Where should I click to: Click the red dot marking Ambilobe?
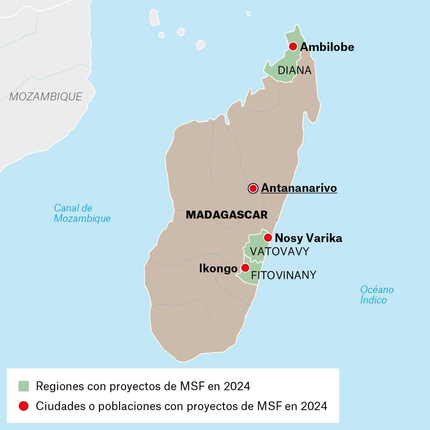[x=293, y=46]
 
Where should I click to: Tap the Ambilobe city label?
[x=327, y=47]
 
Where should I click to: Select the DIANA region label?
[x=294, y=70]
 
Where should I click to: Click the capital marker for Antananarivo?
[x=253, y=188]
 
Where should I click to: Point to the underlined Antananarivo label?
[x=299, y=188]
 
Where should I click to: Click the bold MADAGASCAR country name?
[x=227, y=215]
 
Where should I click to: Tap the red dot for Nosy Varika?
[x=268, y=238]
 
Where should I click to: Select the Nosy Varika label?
[x=309, y=238]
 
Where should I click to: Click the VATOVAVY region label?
[x=279, y=252]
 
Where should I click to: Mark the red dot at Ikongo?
[x=245, y=268]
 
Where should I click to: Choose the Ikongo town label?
[x=218, y=269]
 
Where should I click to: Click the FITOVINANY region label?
[x=283, y=275]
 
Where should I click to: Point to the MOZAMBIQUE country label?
[x=46, y=96]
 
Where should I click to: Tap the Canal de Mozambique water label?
[x=82, y=213]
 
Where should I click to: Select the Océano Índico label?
[x=377, y=295]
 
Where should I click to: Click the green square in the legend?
[x=23, y=386]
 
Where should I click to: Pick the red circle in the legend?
[x=23, y=406]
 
